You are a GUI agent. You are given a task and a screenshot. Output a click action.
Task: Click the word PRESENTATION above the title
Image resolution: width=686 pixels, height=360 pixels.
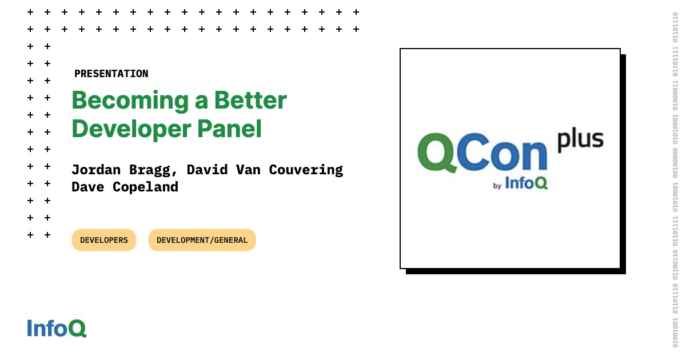111,74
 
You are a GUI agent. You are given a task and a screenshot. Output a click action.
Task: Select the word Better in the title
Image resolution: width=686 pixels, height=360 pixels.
250,101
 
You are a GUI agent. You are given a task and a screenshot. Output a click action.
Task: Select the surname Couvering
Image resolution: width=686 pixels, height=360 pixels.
306,170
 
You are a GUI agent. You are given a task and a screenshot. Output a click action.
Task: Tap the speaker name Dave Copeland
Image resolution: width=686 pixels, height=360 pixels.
125,187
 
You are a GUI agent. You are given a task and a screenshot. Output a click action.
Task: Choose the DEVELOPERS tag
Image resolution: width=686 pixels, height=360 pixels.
104,240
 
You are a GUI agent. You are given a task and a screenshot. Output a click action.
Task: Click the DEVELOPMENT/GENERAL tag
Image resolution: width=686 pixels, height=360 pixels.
202,240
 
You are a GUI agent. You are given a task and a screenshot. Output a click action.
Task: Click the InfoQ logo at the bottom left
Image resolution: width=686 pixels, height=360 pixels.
57,328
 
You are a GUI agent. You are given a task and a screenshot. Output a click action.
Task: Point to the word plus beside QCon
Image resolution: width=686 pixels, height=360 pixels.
580,139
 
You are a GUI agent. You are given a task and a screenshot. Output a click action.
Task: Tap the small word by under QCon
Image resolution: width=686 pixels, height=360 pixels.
497,186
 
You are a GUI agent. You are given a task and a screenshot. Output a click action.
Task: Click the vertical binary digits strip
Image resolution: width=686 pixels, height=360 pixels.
675,180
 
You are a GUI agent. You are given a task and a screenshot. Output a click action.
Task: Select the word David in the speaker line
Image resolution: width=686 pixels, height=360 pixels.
208,170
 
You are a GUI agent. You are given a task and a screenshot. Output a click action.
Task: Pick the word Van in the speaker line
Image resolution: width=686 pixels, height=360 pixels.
248,170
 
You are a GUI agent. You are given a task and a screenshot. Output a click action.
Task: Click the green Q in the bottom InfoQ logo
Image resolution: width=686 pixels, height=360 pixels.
78,329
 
